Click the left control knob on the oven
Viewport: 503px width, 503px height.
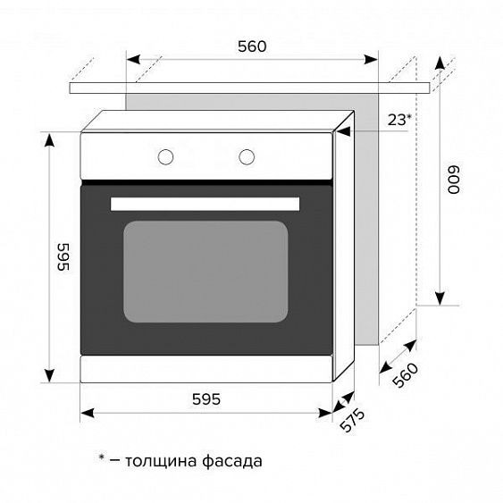165,156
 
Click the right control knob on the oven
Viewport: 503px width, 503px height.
246,156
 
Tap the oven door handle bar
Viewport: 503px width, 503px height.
205,204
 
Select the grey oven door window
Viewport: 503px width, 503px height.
205,272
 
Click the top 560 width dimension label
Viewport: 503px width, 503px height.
252,46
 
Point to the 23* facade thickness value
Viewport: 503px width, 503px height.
399,119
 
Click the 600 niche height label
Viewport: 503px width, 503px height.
454,180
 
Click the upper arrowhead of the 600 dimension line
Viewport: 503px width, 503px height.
440,63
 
